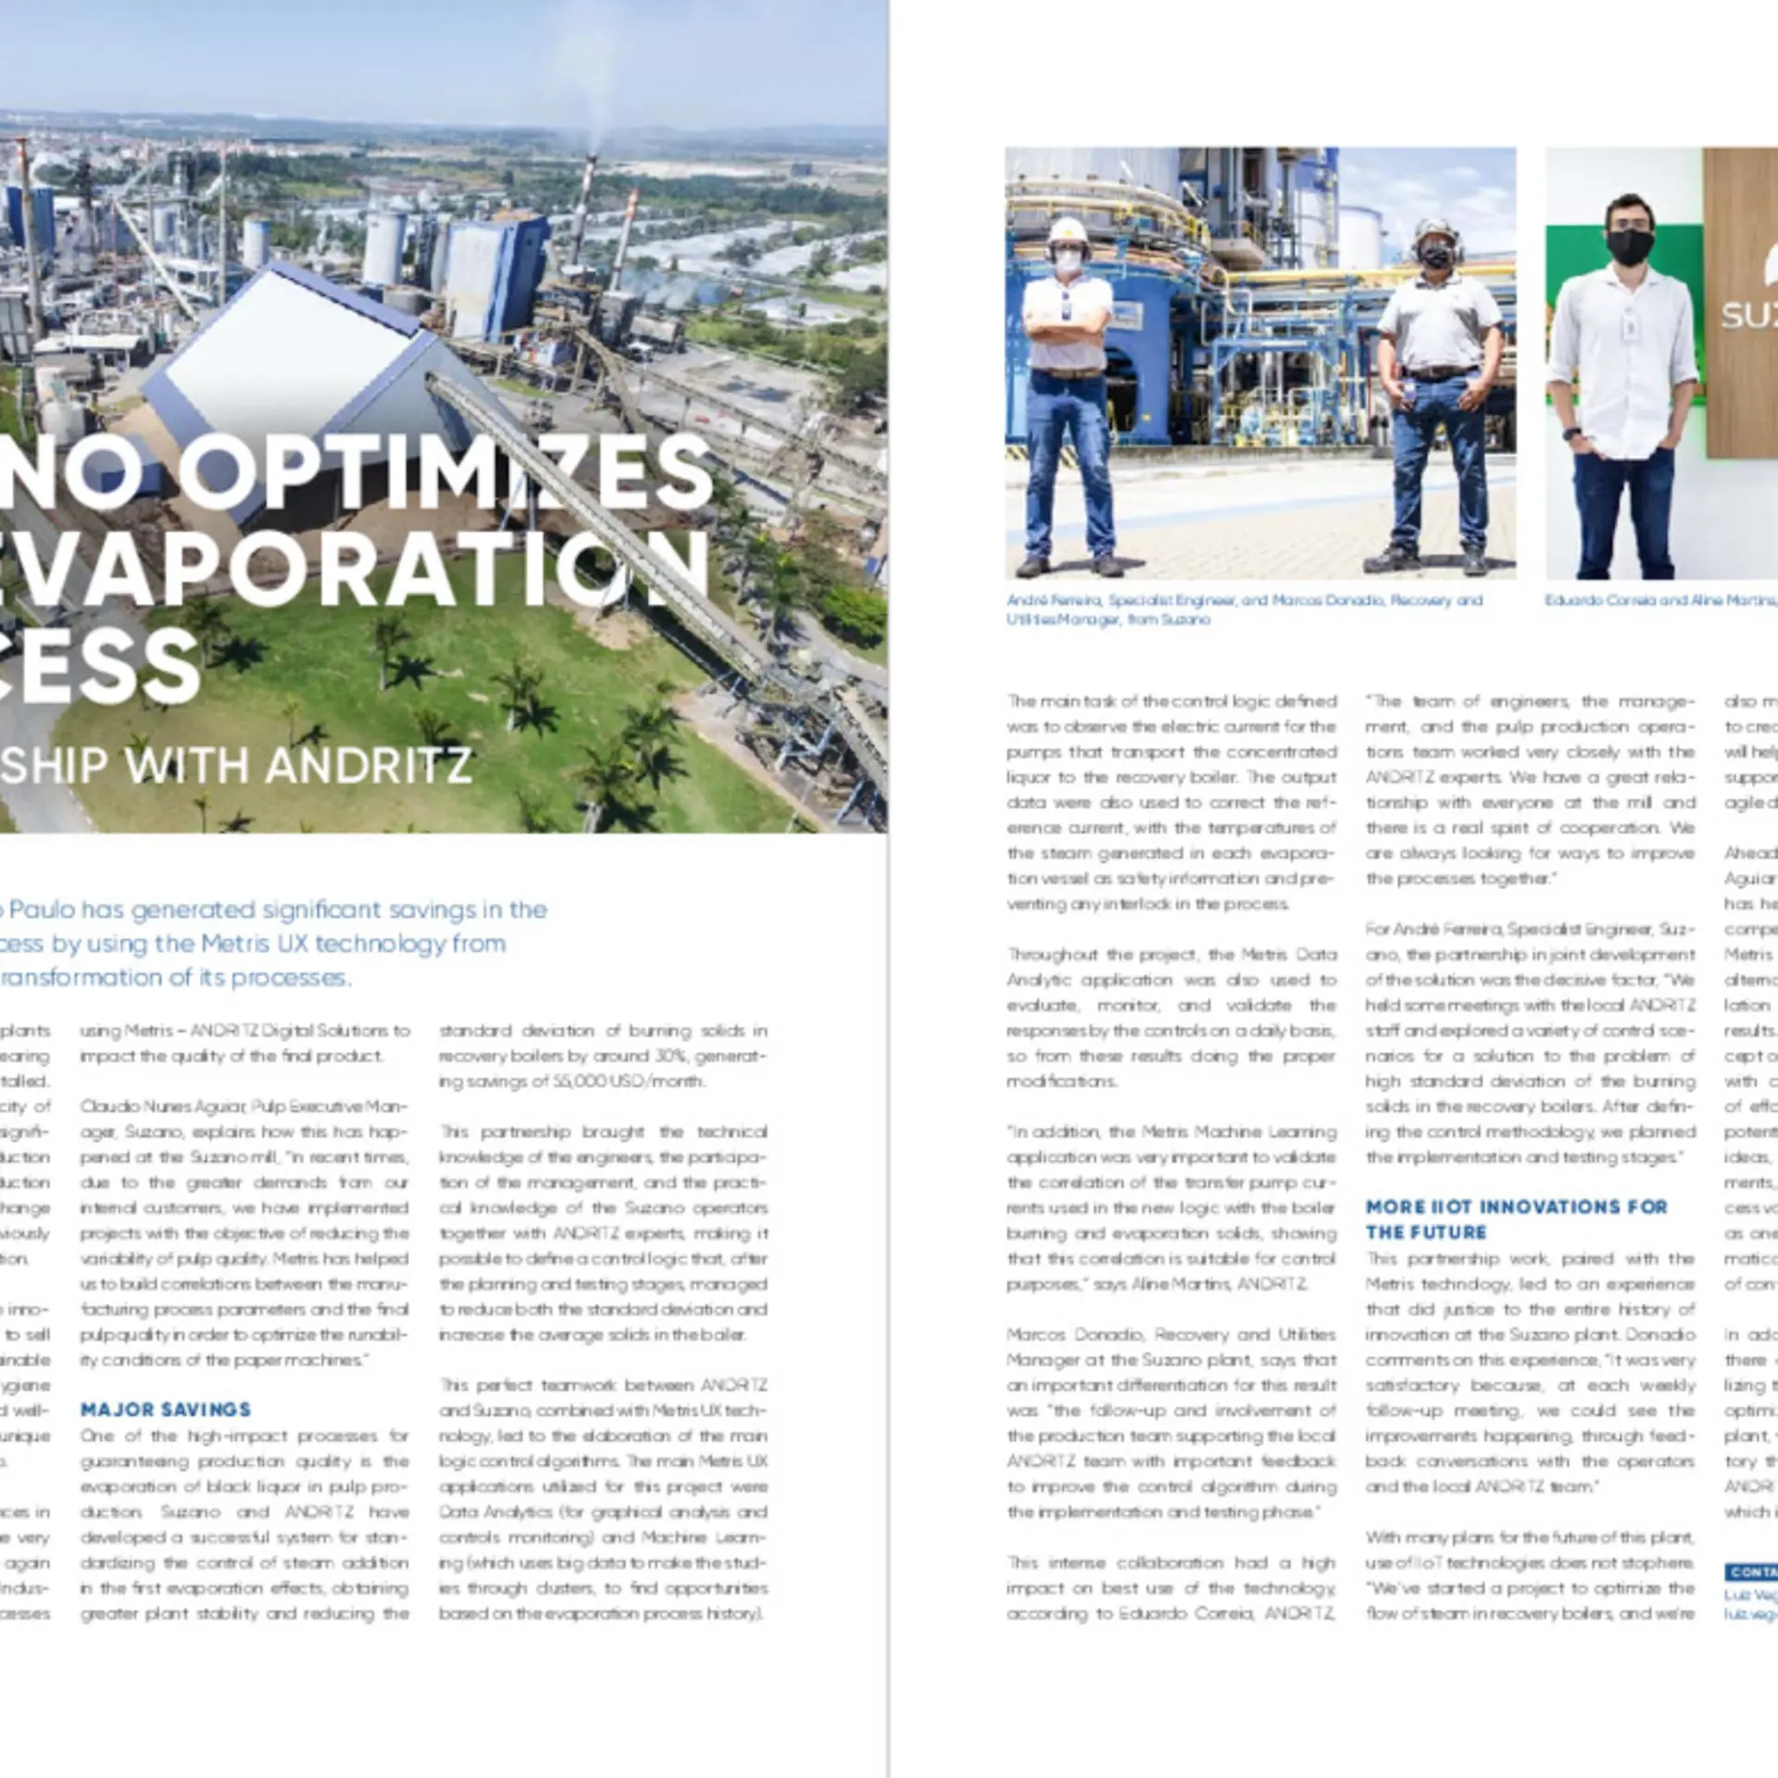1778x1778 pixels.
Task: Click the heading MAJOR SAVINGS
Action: click(x=165, y=1409)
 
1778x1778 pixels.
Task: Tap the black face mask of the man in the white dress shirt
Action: click(x=1629, y=245)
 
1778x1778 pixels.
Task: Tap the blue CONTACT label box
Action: click(x=1750, y=1571)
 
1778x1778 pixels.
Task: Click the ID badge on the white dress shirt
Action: click(x=1630, y=324)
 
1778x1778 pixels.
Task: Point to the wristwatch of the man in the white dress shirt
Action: click(x=1571, y=432)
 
